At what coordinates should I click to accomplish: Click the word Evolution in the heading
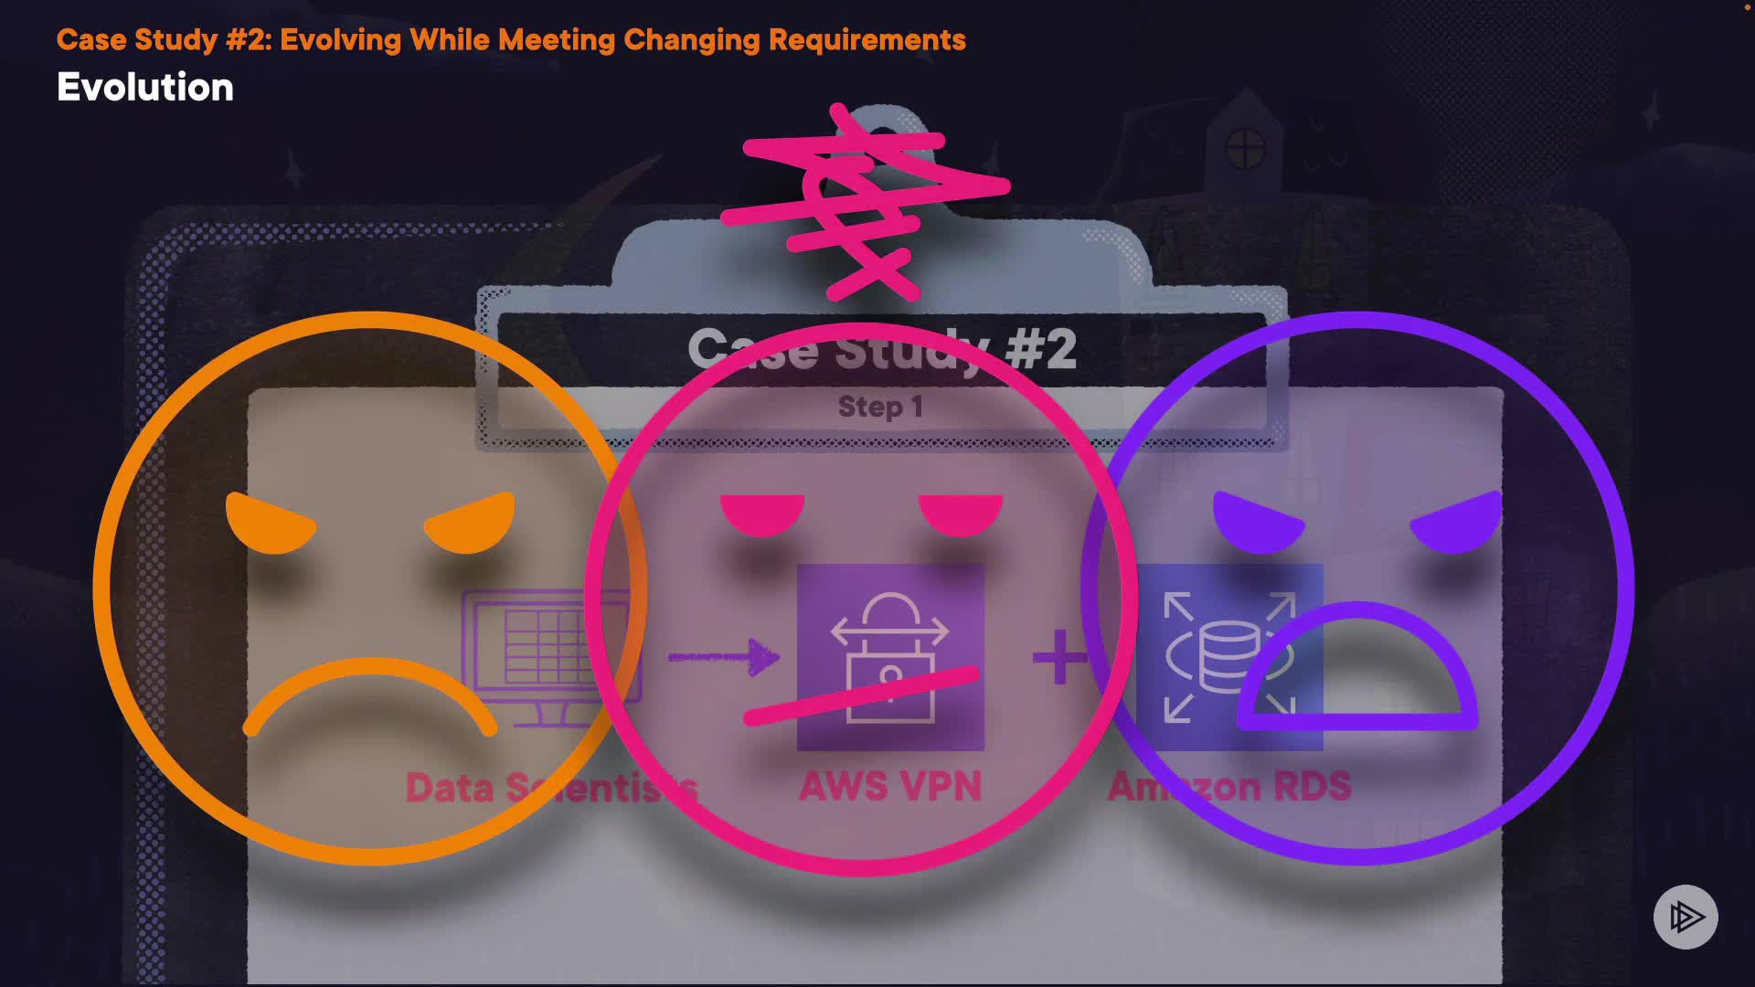(145, 88)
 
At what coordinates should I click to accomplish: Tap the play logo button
(1686, 917)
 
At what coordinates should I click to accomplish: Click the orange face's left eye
(269, 525)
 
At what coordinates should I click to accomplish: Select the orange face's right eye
(471, 525)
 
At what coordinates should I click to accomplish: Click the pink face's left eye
(762, 514)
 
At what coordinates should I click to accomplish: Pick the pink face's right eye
(961, 514)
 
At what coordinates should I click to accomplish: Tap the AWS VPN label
(890, 787)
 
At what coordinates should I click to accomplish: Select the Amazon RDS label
(1229, 787)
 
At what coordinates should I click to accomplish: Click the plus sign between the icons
(1059, 657)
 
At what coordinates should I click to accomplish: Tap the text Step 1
(880, 407)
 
